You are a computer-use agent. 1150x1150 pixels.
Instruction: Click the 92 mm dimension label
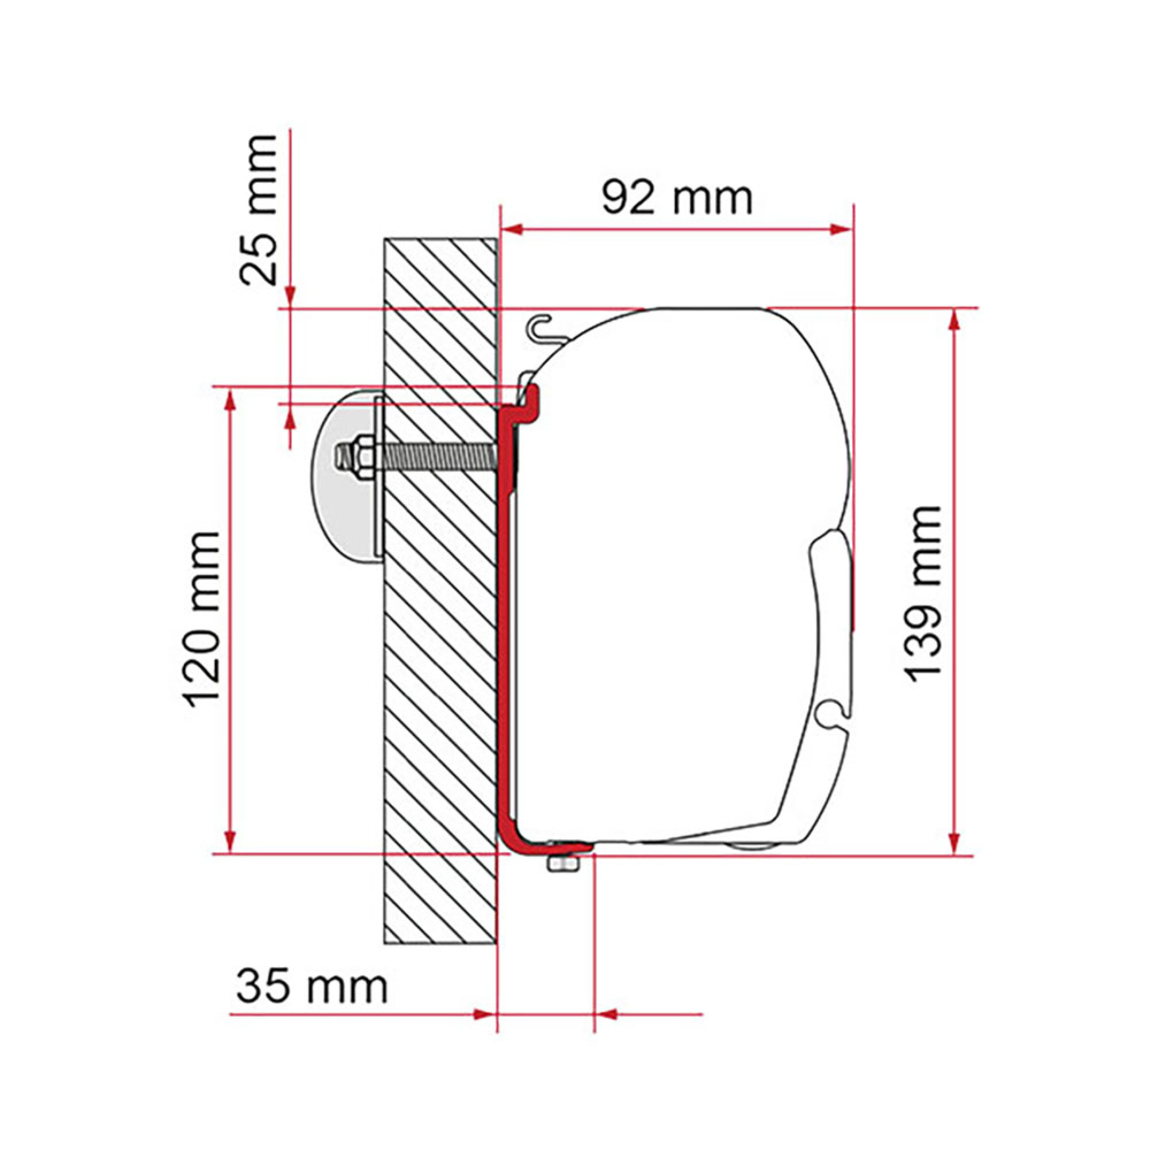tap(677, 198)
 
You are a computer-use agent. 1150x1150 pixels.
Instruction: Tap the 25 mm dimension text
tap(258, 210)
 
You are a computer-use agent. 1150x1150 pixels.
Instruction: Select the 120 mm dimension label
tap(202, 619)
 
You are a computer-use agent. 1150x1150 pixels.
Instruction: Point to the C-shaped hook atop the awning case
tap(540, 329)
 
